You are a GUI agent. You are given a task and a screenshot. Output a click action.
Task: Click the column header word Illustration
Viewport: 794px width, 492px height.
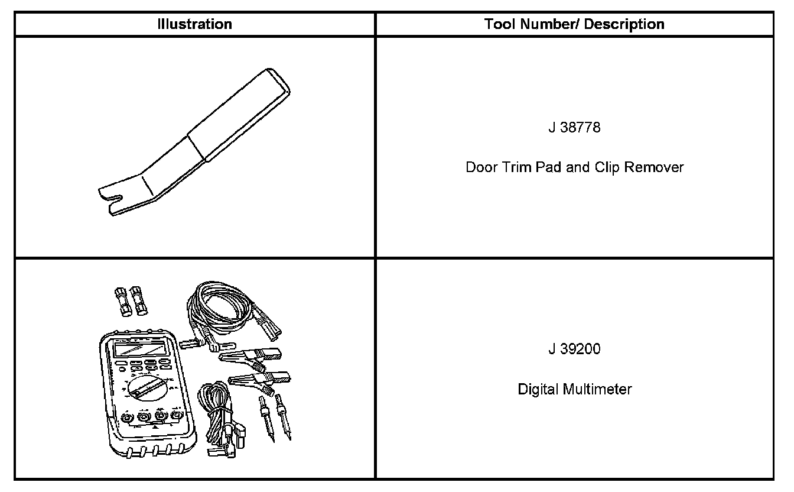(194, 24)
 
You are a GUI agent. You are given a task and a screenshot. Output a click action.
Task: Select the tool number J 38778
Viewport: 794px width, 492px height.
(574, 127)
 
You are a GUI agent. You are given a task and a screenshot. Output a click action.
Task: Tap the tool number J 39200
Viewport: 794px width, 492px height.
(574, 349)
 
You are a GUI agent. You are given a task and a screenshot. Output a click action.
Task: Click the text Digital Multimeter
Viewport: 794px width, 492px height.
(574, 389)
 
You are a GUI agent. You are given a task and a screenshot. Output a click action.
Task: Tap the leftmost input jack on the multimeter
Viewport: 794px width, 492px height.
(126, 419)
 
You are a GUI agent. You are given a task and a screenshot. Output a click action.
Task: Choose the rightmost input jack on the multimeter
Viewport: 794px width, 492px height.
(175, 416)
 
